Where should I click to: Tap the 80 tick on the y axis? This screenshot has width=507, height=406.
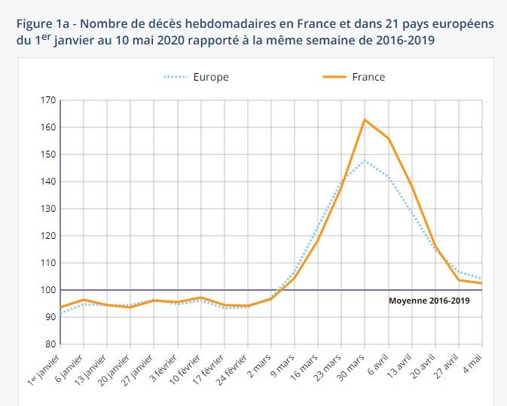coord(49,344)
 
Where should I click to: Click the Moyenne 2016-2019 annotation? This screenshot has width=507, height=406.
coord(429,300)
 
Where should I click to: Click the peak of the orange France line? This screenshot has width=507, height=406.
coord(365,120)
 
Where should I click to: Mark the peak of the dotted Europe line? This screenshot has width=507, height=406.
coord(365,160)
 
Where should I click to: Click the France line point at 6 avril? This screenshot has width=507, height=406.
coord(388,139)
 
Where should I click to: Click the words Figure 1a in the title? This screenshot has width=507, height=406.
coord(41,23)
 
